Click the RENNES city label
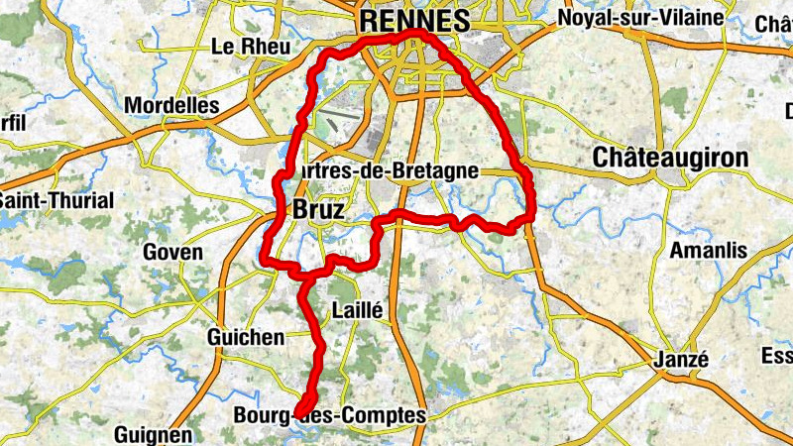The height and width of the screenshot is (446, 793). coord(414,19)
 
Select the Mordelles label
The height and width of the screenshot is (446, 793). coord(172,105)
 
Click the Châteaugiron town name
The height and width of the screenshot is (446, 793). coord(670,158)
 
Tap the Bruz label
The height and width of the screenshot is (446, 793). coord(318,210)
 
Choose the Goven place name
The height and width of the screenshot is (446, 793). coord(172,252)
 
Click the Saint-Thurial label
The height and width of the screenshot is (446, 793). coord(57,200)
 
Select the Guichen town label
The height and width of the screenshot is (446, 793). coord(245,338)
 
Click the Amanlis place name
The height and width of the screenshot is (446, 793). coord(709,251)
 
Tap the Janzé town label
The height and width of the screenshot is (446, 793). coord(681,359)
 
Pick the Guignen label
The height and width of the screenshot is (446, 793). coord(153,434)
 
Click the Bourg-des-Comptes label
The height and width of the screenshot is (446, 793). coord(329,416)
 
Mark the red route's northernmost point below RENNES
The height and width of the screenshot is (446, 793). coord(418,34)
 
